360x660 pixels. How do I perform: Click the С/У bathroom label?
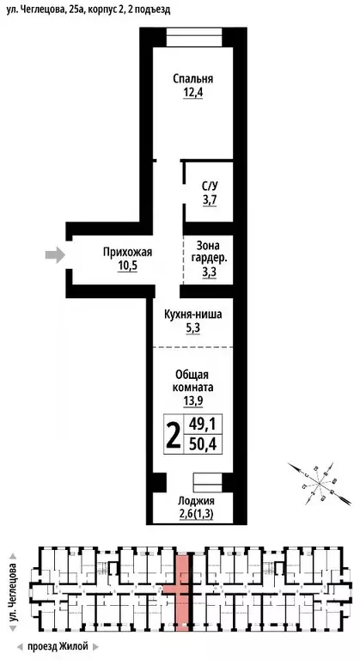coord(210,186)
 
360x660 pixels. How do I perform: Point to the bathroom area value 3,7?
coord(210,199)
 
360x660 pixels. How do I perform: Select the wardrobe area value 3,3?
coord(209,272)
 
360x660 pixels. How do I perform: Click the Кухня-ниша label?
coord(192,315)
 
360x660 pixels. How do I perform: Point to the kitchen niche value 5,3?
coord(192,328)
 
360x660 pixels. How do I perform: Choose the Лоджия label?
coord(195,501)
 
